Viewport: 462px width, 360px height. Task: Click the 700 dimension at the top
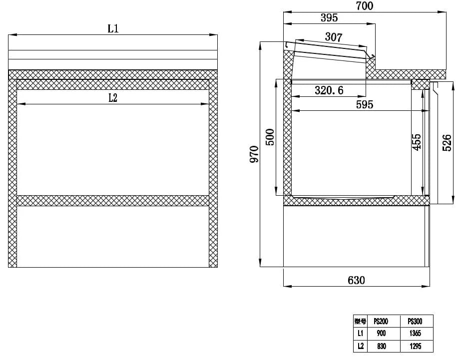pyautogui.click(x=365, y=6)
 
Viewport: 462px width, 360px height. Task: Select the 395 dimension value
pyautogui.click(x=329, y=18)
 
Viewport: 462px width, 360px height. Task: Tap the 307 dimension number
pyautogui.click(x=334, y=37)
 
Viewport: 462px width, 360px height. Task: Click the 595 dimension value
pyautogui.click(x=365, y=104)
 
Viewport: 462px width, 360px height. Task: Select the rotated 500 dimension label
pyautogui.click(x=270, y=137)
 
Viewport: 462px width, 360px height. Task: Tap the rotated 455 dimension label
pyautogui.click(x=417, y=141)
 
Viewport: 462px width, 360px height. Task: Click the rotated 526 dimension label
pyautogui.click(x=447, y=143)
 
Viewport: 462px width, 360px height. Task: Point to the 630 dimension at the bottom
pyautogui.click(x=356, y=280)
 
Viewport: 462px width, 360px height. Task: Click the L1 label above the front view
pyautogui.click(x=113, y=28)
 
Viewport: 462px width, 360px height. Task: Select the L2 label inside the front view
pyautogui.click(x=113, y=98)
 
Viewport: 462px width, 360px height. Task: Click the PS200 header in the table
pyautogui.click(x=381, y=322)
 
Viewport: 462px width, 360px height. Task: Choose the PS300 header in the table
pyautogui.click(x=415, y=322)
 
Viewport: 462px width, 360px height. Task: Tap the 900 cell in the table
pyautogui.click(x=381, y=334)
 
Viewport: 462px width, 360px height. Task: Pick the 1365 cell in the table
pyautogui.click(x=415, y=334)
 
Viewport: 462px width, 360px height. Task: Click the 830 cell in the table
pyautogui.click(x=381, y=346)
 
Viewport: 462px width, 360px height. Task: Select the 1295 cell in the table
pyautogui.click(x=415, y=346)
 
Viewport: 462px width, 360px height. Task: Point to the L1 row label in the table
pyautogui.click(x=360, y=334)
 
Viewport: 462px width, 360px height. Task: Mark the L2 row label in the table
pyautogui.click(x=360, y=346)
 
